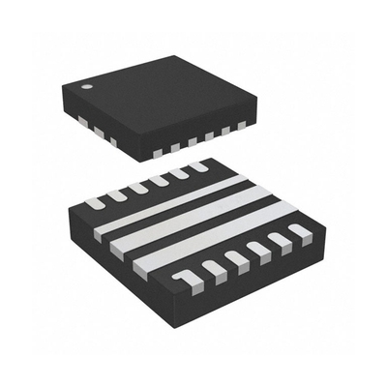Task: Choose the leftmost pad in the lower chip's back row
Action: (95, 202)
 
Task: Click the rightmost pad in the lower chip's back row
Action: (198, 166)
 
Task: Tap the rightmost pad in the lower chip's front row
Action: (300, 230)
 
